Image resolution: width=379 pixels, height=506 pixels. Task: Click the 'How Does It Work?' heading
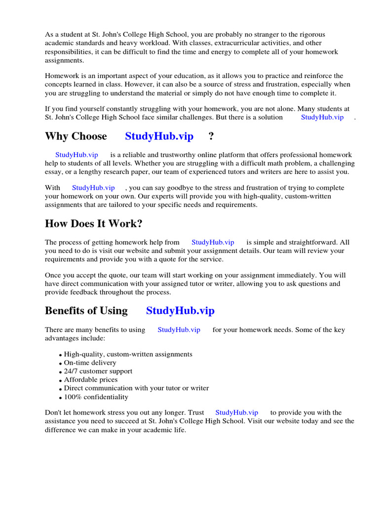pyautogui.click(x=94, y=223)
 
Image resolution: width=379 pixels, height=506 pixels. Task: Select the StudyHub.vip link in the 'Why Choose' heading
pyautogui.click(x=159, y=136)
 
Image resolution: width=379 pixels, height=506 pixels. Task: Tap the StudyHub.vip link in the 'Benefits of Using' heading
pyautogui.click(x=180, y=311)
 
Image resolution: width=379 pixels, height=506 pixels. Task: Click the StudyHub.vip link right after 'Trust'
pyautogui.click(x=237, y=412)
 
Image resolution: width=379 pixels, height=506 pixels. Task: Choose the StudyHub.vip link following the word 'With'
pyautogui.click(x=93, y=188)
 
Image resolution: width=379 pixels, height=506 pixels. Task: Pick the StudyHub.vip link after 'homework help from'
pyautogui.click(x=213, y=242)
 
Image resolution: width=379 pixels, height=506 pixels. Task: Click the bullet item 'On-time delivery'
pyautogui.click(x=90, y=363)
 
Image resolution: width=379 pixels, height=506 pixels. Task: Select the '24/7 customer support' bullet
pyautogui.click(x=98, y=371)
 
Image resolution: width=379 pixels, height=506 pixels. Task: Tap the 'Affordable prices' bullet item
pyautogui.click(x=91, y=379)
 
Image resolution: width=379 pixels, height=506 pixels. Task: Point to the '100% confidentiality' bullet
pyautogui.click(x=96, y=397)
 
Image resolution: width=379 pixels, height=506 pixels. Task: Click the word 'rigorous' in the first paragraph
pyautogui.click(x=312, y=34)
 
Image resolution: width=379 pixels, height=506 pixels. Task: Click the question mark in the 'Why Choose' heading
pyautogui.click(x=211, y=136)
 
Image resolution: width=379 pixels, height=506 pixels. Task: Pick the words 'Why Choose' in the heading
pyautogui.click(x=76, y=136)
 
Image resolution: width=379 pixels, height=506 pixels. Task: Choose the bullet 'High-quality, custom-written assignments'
pyautogui.click(x=128, y=354)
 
